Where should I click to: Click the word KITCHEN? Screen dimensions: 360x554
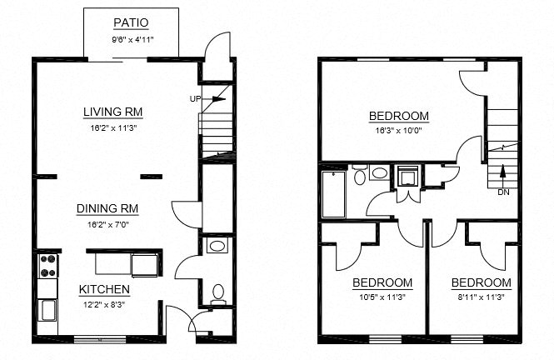104,289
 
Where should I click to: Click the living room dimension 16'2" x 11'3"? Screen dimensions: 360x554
116,128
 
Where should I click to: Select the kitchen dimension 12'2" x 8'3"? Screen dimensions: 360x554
104,306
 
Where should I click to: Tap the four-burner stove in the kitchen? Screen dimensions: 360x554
47,265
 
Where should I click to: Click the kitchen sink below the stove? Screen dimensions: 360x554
47,311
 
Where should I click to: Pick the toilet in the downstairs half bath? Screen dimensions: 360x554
218,292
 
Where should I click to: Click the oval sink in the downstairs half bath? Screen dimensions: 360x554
218,247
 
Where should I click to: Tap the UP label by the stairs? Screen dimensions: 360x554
196,98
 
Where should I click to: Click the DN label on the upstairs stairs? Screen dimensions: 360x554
503,192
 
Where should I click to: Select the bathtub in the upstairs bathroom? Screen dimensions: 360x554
332,193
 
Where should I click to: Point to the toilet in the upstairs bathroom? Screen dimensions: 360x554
359,174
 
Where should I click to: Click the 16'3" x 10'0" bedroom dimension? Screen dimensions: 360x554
398,130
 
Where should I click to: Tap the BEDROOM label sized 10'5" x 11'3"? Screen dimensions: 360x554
382,282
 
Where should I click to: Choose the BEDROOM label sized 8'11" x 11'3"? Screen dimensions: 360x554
481,282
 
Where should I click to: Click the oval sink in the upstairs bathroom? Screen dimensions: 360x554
380,174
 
